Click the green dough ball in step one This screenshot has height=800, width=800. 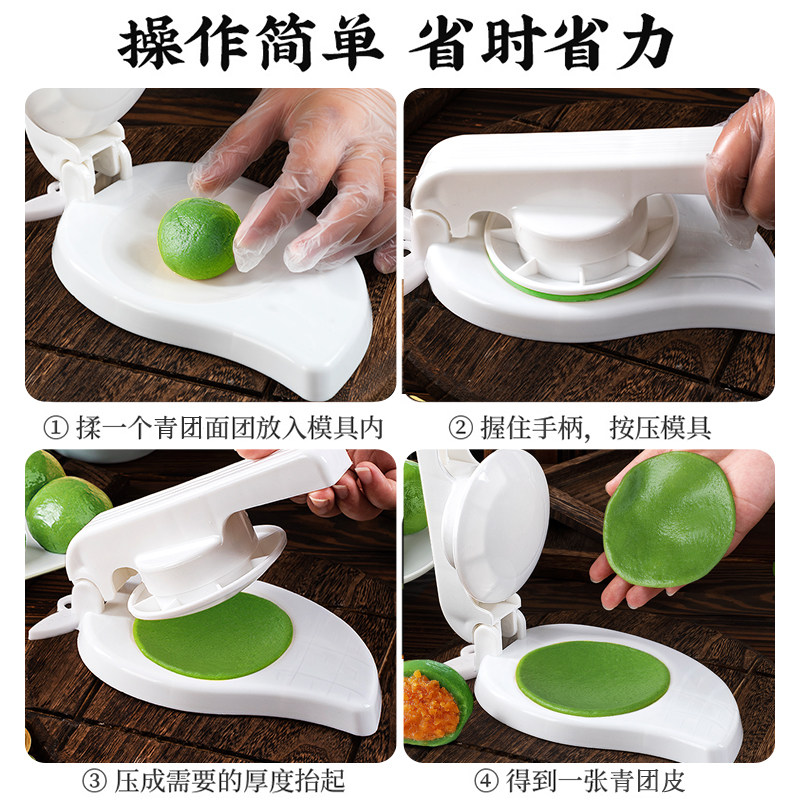(x=199, y=238)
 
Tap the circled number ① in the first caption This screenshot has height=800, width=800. (x=56, y=428)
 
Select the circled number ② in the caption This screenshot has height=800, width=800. (x=461, y=428)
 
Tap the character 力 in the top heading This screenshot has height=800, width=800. (x=644, y=43)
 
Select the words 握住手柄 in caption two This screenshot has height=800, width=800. (x=532, y=428)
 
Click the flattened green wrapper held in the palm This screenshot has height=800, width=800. (x=669, y=520)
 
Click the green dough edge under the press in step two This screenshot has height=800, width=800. (x=571, y=291)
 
